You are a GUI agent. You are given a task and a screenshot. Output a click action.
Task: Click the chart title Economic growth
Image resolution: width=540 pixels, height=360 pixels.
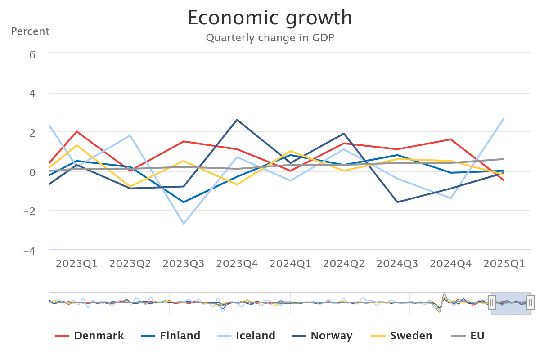click(270, 18)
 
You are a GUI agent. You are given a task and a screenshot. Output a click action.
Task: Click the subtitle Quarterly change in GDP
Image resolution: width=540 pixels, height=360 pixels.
click(270, 38)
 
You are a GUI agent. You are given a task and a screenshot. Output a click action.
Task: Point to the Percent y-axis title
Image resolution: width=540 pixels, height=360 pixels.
click(30, 31)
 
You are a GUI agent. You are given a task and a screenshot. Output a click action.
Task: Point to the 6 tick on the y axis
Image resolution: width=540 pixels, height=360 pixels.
click(32, 54)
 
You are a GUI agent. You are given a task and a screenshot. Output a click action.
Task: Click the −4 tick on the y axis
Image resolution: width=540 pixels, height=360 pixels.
click(30, 251)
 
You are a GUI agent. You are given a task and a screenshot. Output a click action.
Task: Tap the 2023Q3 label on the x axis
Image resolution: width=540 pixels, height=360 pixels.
click(184, 264)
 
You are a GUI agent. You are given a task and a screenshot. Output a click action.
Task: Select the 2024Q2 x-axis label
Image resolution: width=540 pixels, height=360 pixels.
click(344, 264)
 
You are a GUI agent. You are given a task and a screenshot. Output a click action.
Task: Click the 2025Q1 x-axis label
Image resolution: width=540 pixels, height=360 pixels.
click(504, 264)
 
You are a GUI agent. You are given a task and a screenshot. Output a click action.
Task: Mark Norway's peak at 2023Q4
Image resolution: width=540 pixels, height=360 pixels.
click(237, 120)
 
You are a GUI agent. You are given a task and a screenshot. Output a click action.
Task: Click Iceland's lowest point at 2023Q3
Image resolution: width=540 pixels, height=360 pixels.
click(184, 224)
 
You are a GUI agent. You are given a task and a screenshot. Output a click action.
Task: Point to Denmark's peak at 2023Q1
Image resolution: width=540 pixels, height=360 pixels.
click(77, 131)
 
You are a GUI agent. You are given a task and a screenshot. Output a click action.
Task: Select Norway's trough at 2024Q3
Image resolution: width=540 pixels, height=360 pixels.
click(397, 202)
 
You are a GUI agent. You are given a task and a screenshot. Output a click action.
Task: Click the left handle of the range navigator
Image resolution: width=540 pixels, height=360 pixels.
click(492, 302)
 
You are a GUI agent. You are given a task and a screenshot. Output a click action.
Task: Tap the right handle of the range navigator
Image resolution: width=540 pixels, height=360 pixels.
click(531, 302)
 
